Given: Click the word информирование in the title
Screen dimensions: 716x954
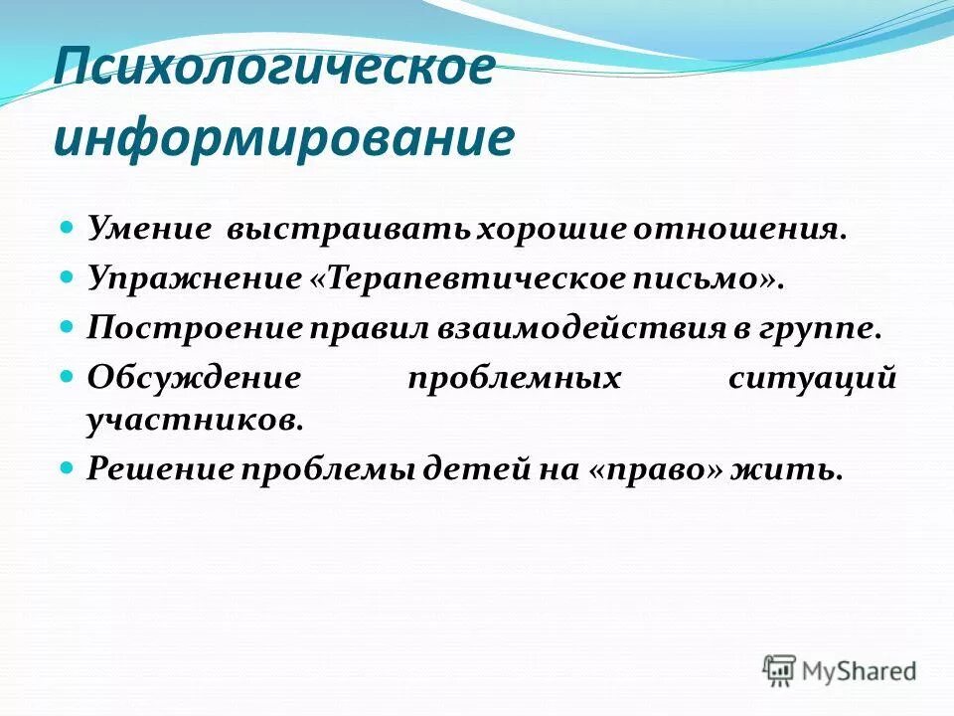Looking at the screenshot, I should pos(284,139).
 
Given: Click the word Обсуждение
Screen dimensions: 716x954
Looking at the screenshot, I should pos(193,377).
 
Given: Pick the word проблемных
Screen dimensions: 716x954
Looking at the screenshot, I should pos(514,377).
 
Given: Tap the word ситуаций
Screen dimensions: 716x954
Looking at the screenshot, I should pos(812,377).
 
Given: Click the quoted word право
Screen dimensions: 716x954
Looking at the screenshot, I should pos(647,468).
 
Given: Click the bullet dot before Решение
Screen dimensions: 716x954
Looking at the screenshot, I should pos(68,466).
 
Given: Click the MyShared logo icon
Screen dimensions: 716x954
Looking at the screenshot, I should pos(779,670).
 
